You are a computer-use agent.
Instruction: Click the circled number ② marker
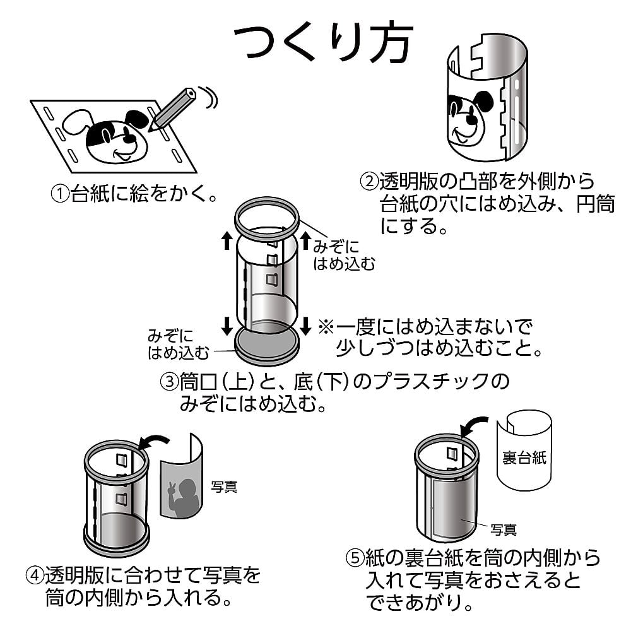pos(369,182)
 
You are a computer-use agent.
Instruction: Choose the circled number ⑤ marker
pos(355,558)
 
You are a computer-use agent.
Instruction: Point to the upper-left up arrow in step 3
pos(226,240)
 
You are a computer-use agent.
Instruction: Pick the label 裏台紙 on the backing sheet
pos(524,457)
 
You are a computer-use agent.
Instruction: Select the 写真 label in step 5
pos(504,528)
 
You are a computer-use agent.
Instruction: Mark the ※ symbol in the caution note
pos(326,327)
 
